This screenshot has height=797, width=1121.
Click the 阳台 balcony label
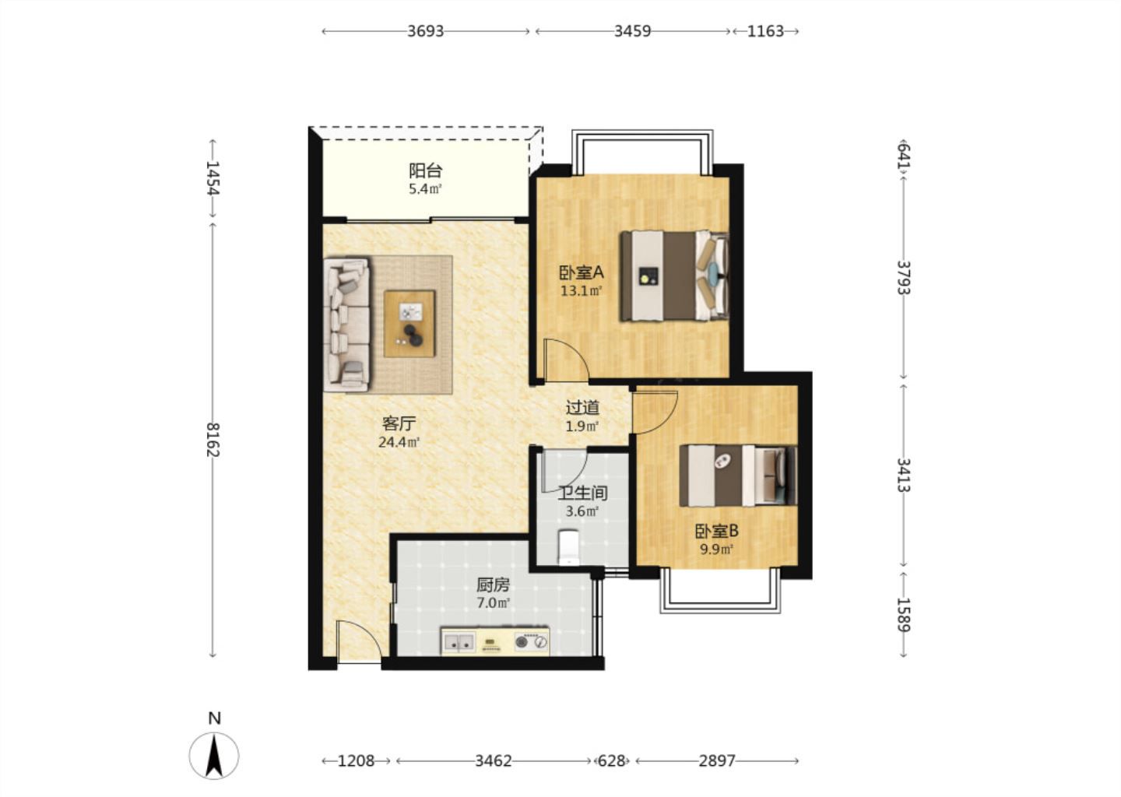point(425,170)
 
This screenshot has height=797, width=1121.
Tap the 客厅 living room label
point(399,423)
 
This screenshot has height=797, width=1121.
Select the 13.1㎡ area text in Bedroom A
point(581,290)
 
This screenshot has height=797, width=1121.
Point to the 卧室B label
point(717,530)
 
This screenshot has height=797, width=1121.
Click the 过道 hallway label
point(582,408)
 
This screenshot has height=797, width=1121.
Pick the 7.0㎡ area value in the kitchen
point(493,603)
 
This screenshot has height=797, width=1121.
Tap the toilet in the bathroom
point(568,547)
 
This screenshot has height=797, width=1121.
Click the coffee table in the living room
point(409,324)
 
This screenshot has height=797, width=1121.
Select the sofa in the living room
point(347,325)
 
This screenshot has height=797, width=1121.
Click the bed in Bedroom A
point(674,276)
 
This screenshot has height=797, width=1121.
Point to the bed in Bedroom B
point(738,476)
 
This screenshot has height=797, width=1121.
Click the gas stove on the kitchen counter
point(532,641)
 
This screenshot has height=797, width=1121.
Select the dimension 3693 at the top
point(425,31)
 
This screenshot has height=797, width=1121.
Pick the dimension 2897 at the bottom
point(717,761)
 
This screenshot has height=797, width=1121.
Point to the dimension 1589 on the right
point(903,615)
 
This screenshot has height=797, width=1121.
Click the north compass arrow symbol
point(214,756)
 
